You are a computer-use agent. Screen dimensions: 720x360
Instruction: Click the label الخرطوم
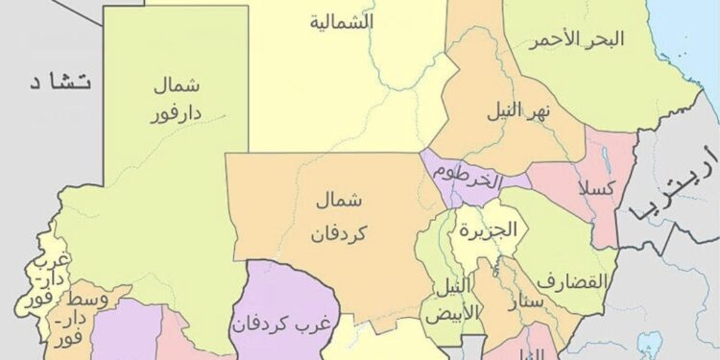click(467, 176)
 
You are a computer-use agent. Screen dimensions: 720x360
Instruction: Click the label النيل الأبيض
click(453, 299)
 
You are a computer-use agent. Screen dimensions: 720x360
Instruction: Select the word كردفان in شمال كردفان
click(341, 233)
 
